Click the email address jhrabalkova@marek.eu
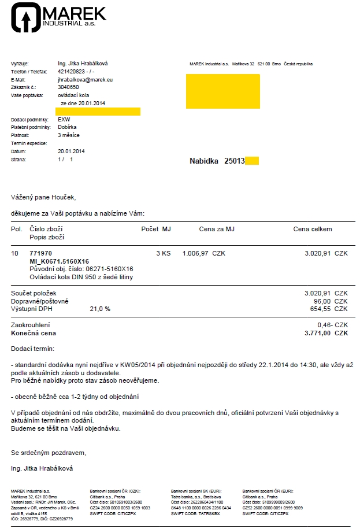click(85, 79)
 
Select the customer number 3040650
click(69, 87)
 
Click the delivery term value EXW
click(64, 119)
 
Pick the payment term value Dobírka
click(68, 127)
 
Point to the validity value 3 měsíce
click(69, 135)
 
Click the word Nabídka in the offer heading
click(205, 161)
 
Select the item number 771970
click(40, 253)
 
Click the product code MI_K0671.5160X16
click(59, 261)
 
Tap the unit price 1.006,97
click(195, 253)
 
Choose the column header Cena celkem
click(313, 229)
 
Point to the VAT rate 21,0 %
click(99, 309)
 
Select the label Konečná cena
click(34, 333)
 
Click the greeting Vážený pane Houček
click(43, 197)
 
